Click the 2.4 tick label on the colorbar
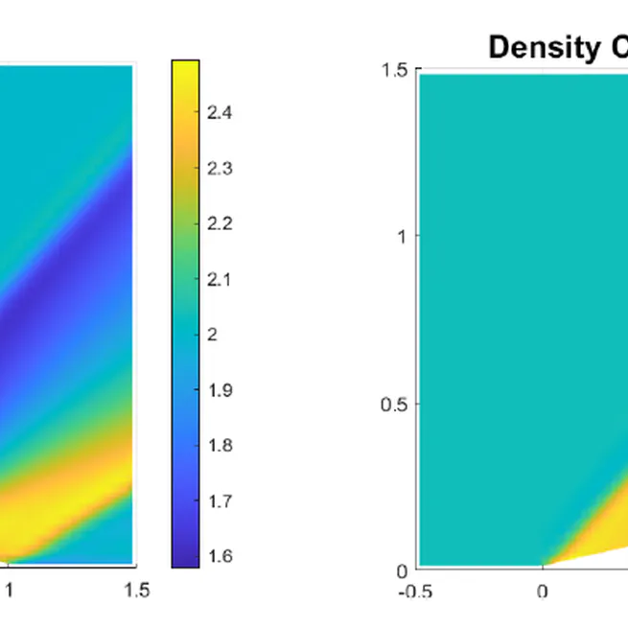[220, 113]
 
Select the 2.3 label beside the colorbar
[220, 169]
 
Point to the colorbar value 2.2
[220, 224]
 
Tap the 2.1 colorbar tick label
[220, 280]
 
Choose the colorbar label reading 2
[213, 335]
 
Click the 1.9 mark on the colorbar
[220, 390]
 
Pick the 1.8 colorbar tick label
[220, 446]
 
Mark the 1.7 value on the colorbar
[220, 501]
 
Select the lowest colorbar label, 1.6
[220, 556]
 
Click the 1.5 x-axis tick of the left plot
[137, 591]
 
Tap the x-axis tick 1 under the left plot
[10, 591]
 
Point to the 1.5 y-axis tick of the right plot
[394, 70]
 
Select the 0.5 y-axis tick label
[394, 404]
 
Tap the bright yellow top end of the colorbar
[185, 66]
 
